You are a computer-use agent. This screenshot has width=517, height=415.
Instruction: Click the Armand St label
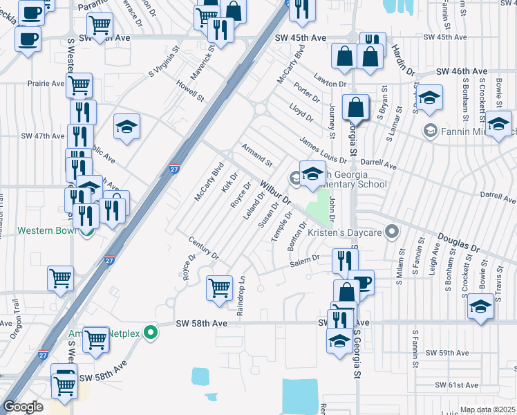tap(256, 155)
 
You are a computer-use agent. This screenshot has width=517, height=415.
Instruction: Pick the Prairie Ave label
tap(46, 84)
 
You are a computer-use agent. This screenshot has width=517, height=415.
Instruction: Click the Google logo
tap(23, 407)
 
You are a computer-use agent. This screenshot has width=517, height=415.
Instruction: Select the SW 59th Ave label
tap(447, 353)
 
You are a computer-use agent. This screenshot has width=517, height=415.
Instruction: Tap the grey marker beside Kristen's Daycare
tap(393, 231)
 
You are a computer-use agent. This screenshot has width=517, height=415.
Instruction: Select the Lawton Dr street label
tap(328, 78)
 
